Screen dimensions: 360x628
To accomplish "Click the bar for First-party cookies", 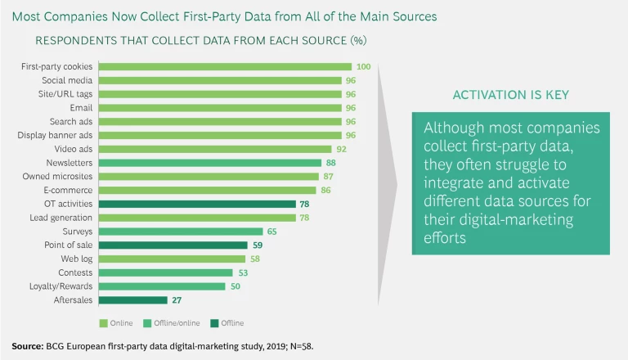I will click(225, 67).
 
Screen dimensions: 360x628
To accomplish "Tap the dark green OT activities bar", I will click(196, 204).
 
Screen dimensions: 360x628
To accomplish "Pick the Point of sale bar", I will click(173, 245).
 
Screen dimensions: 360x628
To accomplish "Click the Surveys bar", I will click(181, 232).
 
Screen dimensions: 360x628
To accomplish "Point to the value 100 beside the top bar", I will click(364, 67).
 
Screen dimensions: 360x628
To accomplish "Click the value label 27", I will click(177, 300).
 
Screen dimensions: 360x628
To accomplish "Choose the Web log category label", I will click(76, 259).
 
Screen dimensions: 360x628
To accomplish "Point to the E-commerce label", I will click(71, 190).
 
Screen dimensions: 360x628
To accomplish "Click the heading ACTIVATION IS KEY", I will click(510, 96).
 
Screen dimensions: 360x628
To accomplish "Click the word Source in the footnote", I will click(28, 346).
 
